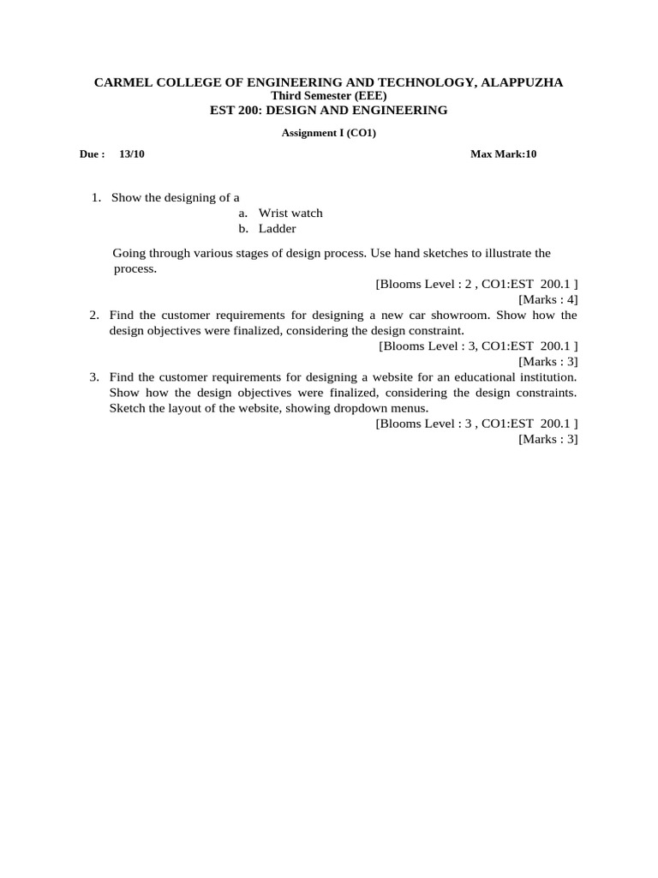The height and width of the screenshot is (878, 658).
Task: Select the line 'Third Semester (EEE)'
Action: coord(328,96)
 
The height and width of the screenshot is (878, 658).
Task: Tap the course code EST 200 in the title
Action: coord(235,110)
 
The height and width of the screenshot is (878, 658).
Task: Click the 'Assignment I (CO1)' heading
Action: coord(329,133)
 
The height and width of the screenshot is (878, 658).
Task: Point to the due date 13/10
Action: coord(132,154)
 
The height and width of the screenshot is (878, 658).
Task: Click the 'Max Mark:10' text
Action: coord(503,154)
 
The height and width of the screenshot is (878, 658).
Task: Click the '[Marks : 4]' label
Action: coord(548,299)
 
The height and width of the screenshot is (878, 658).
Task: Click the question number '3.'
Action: coord(94,376)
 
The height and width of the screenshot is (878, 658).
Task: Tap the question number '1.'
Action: coord(97,197)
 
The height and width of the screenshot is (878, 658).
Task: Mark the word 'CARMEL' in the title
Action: coord(122,82)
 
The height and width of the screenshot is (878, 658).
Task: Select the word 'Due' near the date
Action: coord(89,154)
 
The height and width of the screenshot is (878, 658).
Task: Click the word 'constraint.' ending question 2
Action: coord(435,330)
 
